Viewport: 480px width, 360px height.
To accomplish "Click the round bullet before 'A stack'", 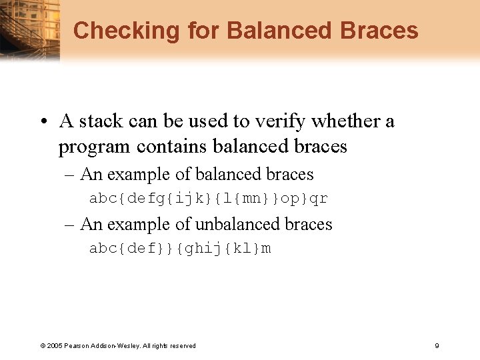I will click(x=43, y=122).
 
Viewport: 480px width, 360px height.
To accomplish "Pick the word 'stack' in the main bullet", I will click(x=101, y=121).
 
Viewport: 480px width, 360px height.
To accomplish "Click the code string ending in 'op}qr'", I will click(x=208, y=199).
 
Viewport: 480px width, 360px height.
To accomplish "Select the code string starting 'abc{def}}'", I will click(x=180, y=249).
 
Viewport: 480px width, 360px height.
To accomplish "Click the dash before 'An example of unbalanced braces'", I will click(x=69, y=225).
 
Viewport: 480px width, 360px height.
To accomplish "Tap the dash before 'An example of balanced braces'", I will click(x=69, y=175).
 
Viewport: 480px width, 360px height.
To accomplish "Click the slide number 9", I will click(x=436, y=345).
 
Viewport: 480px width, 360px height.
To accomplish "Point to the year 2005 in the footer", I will click(x=55, y=346).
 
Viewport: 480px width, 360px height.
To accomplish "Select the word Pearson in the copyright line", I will click(x=77, y=346).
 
